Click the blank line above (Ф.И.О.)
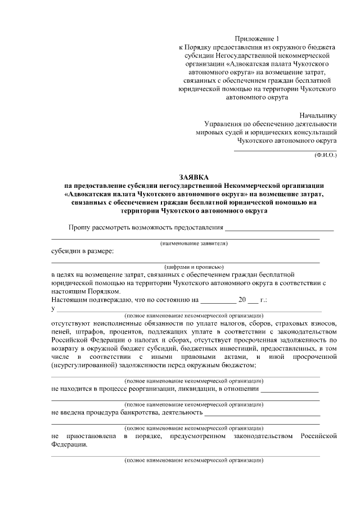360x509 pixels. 285,150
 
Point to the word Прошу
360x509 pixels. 80,227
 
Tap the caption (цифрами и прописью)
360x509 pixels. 194,267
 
